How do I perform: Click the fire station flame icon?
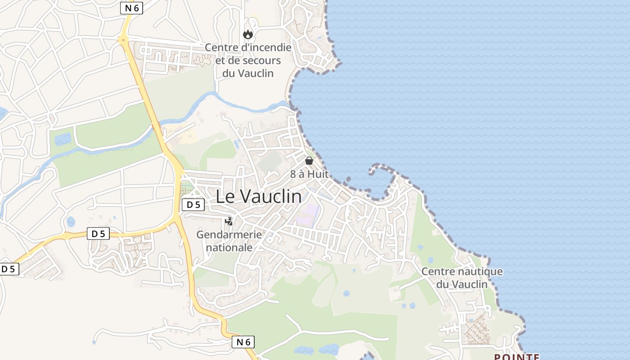click(248, 34)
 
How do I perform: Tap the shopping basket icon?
click(309, 160)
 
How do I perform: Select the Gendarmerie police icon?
click(229, 221)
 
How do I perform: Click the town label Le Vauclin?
click(259, 197)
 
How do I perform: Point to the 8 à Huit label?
click(309, 174)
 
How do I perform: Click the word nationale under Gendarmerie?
click(229, 247)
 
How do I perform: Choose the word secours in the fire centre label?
click(261, 60)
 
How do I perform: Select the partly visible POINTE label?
click(517, 357)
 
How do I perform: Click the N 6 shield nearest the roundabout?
click(131, 8)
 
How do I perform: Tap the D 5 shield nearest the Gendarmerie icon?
click(193, 205)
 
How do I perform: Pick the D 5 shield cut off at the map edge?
click(9, 269)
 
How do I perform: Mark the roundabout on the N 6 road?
click(123, 40)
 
